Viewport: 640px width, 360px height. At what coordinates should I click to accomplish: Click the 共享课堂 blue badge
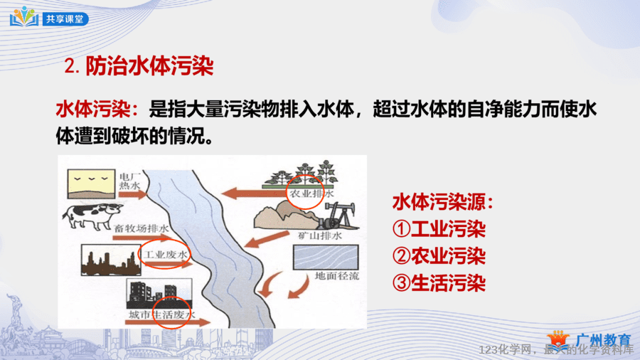click(x=65, y=18)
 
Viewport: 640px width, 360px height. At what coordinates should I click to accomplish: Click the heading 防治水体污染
click(x=149, y=65)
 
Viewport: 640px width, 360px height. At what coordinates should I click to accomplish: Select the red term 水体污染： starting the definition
click(x=97, y=110)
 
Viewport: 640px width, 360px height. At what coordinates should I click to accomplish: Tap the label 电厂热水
click(x=130, y=181)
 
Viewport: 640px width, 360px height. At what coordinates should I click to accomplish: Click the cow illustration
click(x=92, y=216)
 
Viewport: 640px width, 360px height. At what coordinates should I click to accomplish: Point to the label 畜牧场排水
click(x=142, y=228)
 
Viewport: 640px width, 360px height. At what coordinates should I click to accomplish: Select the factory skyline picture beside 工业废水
click(x=111, y=260)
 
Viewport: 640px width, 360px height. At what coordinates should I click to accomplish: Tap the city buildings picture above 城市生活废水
click(x=159, y=293)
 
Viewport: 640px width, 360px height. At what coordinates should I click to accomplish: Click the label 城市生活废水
click(x=162, y=314)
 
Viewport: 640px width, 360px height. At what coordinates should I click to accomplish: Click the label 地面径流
click(x=337, y=276)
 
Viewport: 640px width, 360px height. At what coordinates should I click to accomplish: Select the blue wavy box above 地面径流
click(x=326, y=257)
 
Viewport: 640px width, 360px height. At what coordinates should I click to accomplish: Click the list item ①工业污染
click(x=439, y=229)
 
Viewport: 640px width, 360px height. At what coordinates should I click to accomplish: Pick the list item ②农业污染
click(x=439, y=256)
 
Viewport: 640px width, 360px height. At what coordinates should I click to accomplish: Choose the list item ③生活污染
click(x=439, y=283)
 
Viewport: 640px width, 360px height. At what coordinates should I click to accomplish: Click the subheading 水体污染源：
click(x=443, y=202)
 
